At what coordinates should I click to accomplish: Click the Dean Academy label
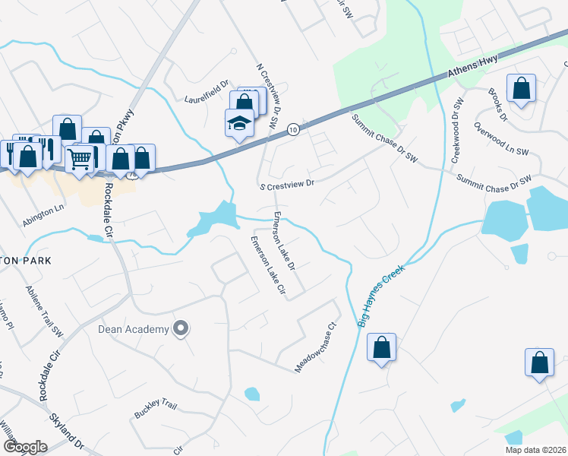(x=132, y=329)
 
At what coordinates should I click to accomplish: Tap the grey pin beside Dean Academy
(x=181, y=329)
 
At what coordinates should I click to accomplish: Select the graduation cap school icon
(x=239, y=122)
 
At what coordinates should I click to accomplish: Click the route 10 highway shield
(x=293, y=131)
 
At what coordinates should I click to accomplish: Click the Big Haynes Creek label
(x=381, y=296)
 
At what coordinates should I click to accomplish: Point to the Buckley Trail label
(x=155, y=411)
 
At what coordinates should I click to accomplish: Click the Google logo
(x=25, y=447)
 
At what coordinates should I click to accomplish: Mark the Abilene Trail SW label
(x=45, y=312)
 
